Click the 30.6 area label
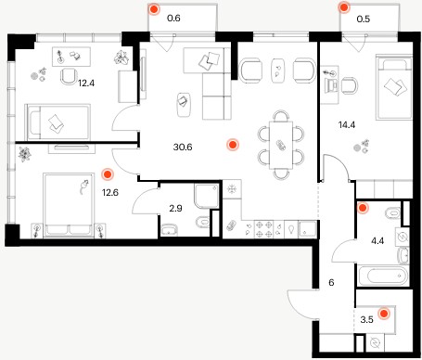183,147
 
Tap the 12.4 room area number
86,83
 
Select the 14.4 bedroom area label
347,125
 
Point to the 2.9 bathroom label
175,209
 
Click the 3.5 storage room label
366,319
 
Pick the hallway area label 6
331,282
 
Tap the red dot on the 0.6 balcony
154,9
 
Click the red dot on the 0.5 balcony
344,7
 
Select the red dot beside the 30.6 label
233,145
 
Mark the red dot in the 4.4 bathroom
363,208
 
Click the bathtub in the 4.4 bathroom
383,276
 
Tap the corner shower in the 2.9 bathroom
207,196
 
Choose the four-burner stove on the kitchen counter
263,229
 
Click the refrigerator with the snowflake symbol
232,189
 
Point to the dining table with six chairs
281,145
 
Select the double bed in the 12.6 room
69,205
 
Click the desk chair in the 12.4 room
70,76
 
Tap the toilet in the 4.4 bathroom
392,212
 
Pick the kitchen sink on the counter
308,229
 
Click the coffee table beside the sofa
185,104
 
